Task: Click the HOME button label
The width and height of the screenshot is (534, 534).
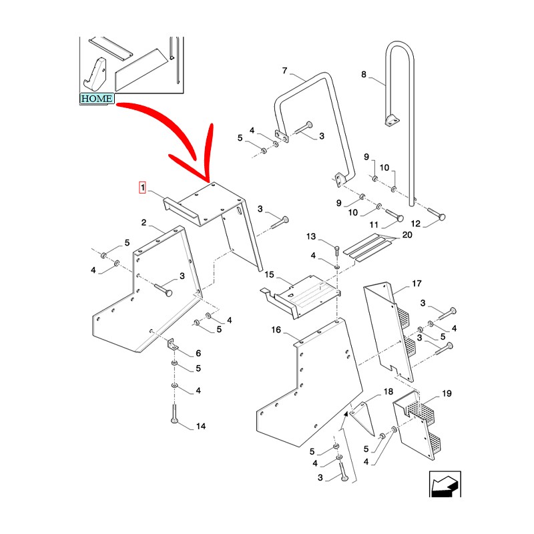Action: coord(96,99)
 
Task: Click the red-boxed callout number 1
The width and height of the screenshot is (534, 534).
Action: coord(142,188)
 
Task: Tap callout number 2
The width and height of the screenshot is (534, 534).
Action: coord(144,222)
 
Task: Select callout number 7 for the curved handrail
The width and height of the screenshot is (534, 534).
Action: coord(284,71)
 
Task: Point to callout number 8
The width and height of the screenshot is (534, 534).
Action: coord(364,75)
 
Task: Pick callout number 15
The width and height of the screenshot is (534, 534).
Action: coord(270,274)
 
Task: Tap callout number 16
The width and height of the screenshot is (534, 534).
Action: coord(276,330)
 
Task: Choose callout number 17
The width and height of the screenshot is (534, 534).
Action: coord(417,284)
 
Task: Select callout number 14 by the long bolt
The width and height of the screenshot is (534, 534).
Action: coord(200,426)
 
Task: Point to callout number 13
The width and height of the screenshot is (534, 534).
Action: coord(310,237)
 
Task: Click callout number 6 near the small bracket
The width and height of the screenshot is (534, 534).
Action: coord(198,353)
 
